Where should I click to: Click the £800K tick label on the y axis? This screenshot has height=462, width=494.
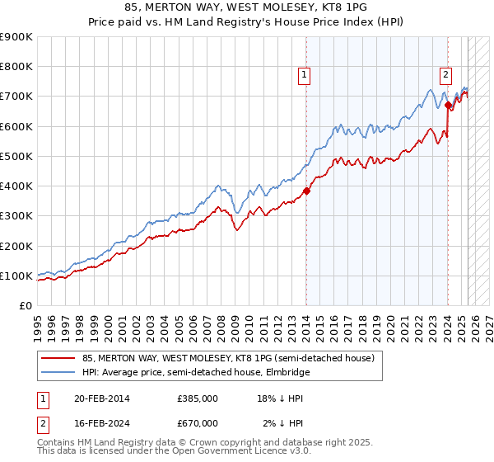coord(16,67)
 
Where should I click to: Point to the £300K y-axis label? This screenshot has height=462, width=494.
coord(16,216)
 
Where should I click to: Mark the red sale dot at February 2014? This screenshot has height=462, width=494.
coord(306,191)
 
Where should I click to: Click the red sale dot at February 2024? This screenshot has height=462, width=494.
coord(448,106)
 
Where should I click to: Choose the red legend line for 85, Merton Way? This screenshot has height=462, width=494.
coord(58,358)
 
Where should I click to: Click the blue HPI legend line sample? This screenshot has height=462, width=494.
coord(58,373)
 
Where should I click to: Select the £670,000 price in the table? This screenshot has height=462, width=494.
coord(197,422)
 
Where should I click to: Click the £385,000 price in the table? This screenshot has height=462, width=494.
coord(197,399)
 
